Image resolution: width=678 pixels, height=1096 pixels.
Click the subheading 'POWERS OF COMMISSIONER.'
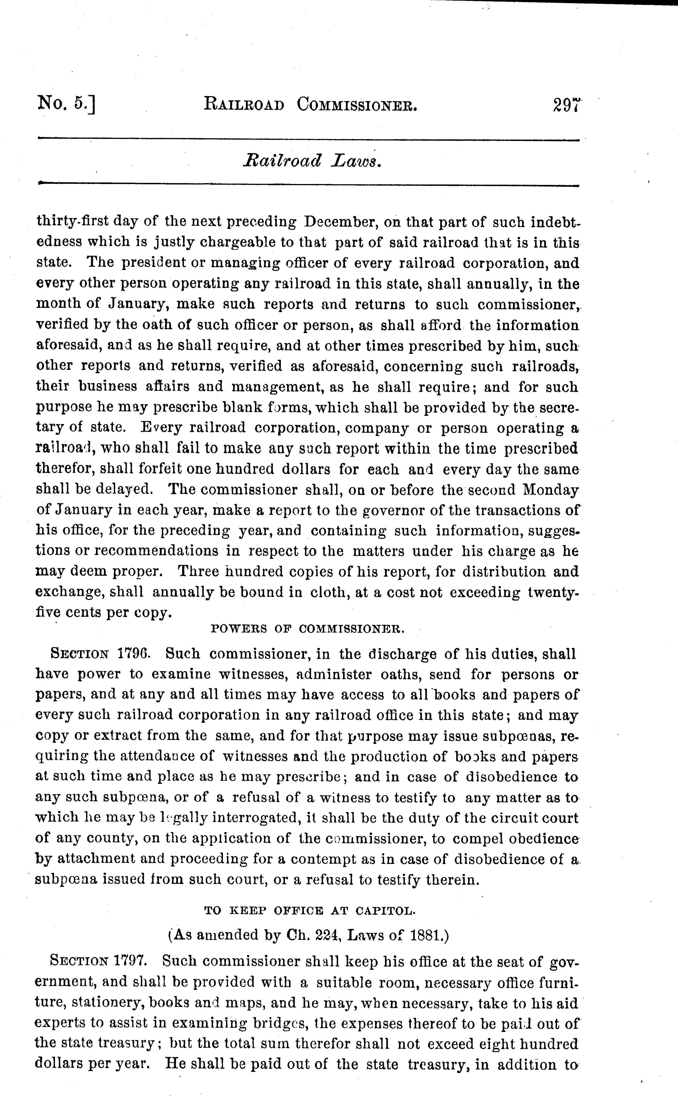click(308, 629)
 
